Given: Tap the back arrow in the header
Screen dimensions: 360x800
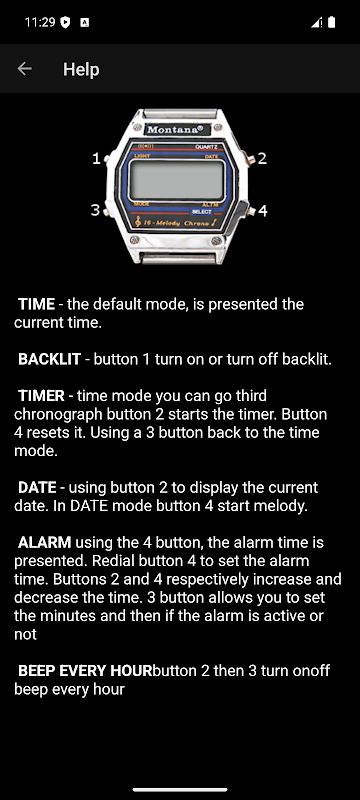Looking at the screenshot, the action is pyautogui.click(x=24, y=69).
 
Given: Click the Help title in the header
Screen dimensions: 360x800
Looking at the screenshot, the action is pyautogui.click(x=81, y=69).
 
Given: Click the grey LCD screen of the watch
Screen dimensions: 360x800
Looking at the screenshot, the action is pyautogui.click(x=177, y=180).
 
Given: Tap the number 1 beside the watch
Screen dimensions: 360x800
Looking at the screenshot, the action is pyautogui.click(x=96, y=159).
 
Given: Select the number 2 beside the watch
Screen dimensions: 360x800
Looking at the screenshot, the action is pyautogui.click(x=262, y=159).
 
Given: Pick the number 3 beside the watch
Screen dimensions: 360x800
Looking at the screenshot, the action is pyautogui.click(x=95, y=210).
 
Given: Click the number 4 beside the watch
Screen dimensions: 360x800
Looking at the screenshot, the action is pyautogui.click(x=263, y=210).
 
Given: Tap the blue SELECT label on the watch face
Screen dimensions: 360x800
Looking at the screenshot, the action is pyautogui.click(x=202, y=212).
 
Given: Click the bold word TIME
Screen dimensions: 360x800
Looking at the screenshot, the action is pyautogui.click(x=36, y=304).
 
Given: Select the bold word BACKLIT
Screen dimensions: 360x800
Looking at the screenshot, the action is pyautogui.click(x=49, y=359).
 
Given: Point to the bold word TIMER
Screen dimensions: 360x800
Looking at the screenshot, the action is pyautogui.click(x=41, y=396).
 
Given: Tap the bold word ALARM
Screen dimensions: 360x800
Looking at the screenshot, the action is pyautogui.click(x=45, y=542).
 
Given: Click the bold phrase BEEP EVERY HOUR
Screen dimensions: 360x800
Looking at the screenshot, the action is pyautogui.click(x=85, y=671).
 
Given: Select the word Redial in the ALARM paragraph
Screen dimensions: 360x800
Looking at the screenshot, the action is pyautogui.click(x=110, y=561).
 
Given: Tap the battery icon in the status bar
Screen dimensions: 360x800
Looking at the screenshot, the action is pyautogui.click(x=331, y=22).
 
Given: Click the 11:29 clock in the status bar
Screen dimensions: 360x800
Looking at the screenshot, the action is pyautogui.click(x=40, y=22).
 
